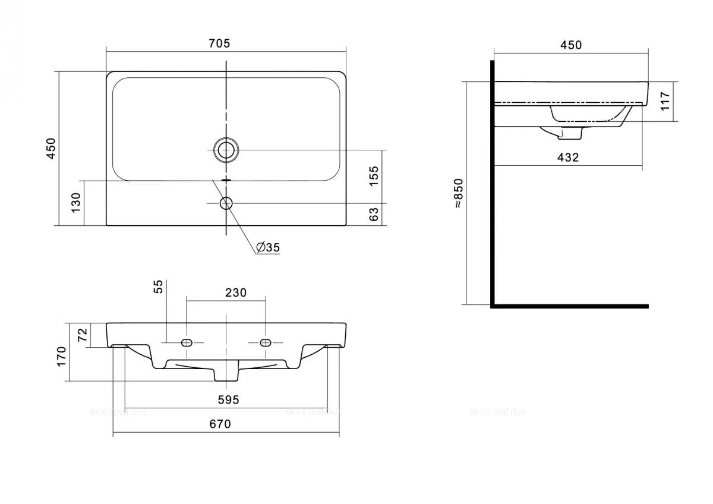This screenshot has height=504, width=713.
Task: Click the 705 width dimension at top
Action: [x=219, y=43]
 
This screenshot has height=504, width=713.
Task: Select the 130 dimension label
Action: [x=76, y=203]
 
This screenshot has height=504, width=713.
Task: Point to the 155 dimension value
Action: [x=374, y=176]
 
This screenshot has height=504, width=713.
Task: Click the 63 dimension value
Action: [x=374, y=215]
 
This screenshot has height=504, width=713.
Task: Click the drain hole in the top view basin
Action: [x=226, y=150]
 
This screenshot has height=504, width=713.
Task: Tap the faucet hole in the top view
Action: [x=226, y=203]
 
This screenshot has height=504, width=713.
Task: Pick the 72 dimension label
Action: [x=83, y=335]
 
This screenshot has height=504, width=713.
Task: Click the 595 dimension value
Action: [x=227, y=400]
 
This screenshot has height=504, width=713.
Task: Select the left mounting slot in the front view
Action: [x=187, y=342]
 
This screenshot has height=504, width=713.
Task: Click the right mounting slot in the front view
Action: [x=265, y=342]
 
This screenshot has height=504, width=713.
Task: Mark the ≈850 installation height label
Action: [x=458, y=193]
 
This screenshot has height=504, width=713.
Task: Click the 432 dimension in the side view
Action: [x=567, y=157]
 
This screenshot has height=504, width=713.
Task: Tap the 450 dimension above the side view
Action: [x=571, y=45]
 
